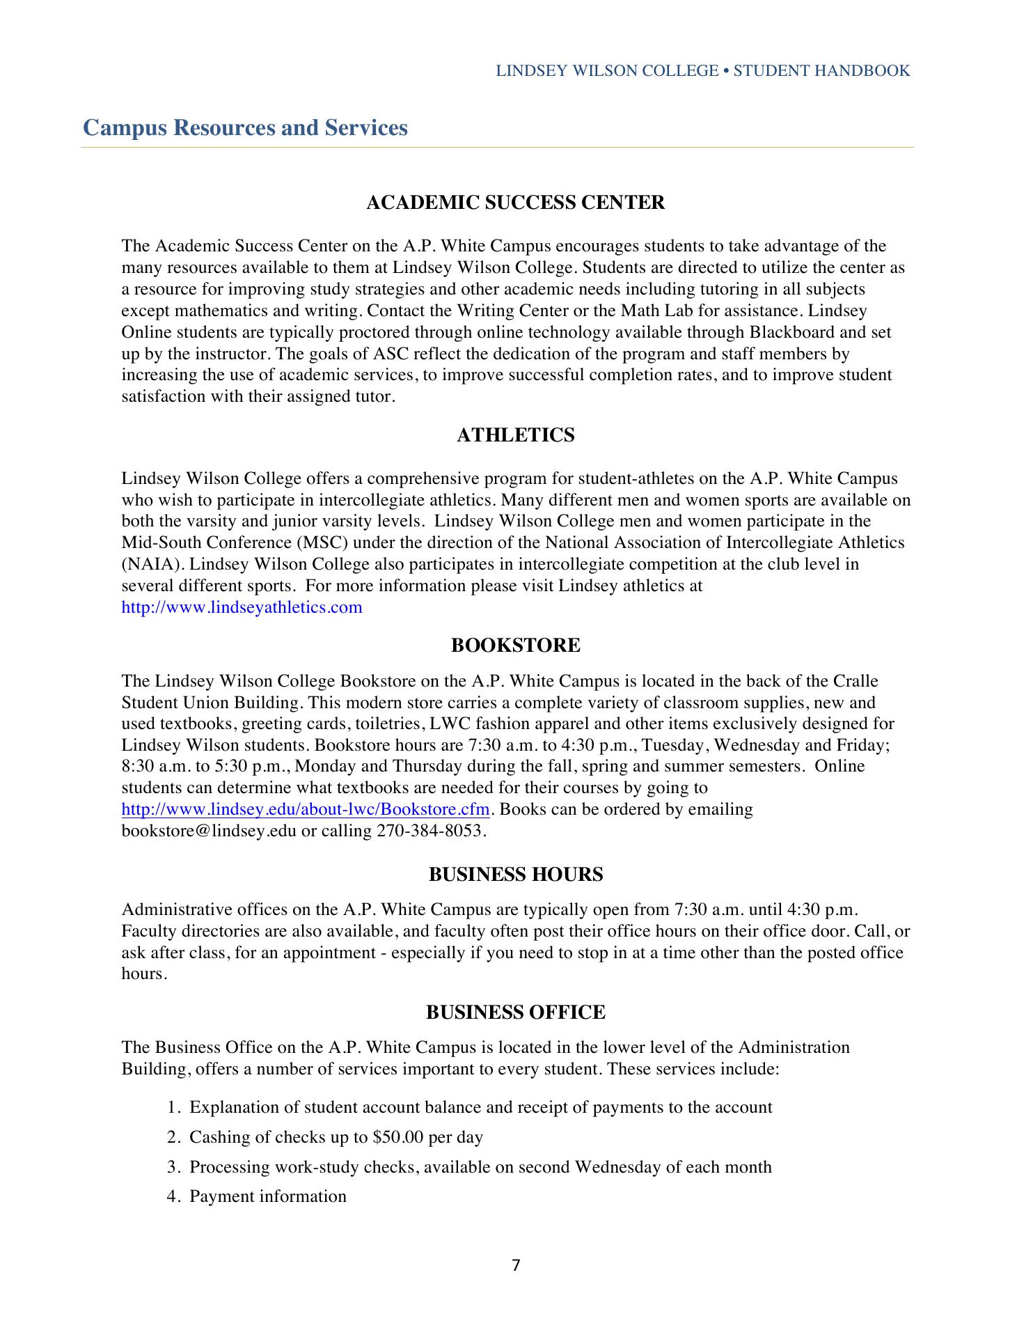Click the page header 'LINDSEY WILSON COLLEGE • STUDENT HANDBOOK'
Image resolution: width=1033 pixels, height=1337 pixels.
click(702, 71)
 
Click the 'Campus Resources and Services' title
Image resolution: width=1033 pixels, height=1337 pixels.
click(245, 128)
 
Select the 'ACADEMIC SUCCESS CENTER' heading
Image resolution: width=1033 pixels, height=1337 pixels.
click(515, 203)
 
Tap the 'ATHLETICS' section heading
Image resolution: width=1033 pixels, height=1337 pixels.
click(515, 435)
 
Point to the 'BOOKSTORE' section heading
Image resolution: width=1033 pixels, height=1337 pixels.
click(515, 646)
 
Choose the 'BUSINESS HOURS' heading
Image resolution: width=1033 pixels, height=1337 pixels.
click(515, 875)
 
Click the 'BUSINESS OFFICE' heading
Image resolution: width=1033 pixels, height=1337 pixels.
click(515, 1012)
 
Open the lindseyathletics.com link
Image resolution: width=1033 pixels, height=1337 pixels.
click(242, 607)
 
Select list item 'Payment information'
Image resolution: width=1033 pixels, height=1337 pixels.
click(268, 1196)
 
